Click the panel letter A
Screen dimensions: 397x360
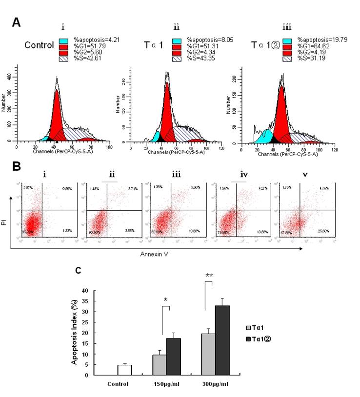coord(17,22)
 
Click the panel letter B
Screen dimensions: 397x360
coord(17,166)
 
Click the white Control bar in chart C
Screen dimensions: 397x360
coord(125,370)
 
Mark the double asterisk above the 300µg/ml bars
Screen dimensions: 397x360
coord(209,276)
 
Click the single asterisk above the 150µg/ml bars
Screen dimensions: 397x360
coord(165,299)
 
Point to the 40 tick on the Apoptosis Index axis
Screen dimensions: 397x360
coord(85,291)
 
